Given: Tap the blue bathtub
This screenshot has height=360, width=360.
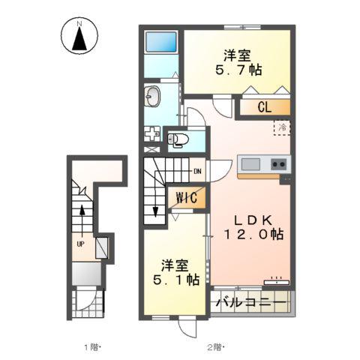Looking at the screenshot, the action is click(161, 42).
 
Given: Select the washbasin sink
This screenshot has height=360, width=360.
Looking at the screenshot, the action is click(152, 96).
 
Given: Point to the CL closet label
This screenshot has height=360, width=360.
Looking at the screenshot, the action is click(264, 107).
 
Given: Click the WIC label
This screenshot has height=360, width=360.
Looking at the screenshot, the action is click(187, 198).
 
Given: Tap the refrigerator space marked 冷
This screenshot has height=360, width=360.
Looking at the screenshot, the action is click(283, 127).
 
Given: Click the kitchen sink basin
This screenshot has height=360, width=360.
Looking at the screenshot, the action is click(250, 164).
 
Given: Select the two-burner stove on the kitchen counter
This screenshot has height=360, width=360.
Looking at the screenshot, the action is click(279, 164).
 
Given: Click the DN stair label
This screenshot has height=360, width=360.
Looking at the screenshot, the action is click(197, 172).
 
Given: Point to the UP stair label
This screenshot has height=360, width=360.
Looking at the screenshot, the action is click(80, 244).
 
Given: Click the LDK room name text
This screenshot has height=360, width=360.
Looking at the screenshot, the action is click(253, 220).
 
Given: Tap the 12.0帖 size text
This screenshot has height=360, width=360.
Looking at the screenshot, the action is click(253, 235).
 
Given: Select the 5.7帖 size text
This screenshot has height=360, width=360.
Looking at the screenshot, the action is click(238, 70).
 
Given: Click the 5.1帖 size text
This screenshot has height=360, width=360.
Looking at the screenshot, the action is click(176, 280).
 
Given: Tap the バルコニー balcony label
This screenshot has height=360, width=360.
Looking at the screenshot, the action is click(251, 303).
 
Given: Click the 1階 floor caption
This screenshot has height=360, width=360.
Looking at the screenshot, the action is click(91, 347).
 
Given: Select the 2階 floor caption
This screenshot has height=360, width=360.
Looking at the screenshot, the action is click(214, 347).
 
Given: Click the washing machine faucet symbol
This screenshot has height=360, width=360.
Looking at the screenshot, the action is click(152, 134).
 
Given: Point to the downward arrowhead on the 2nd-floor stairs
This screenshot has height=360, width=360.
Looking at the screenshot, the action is click(155, 212).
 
